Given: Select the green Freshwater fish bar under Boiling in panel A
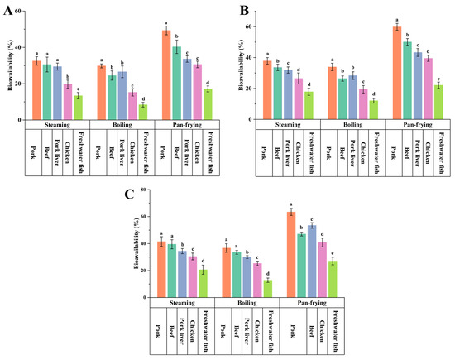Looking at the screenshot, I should coord(143,113).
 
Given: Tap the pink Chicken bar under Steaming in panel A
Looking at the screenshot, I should coord(67,102).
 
